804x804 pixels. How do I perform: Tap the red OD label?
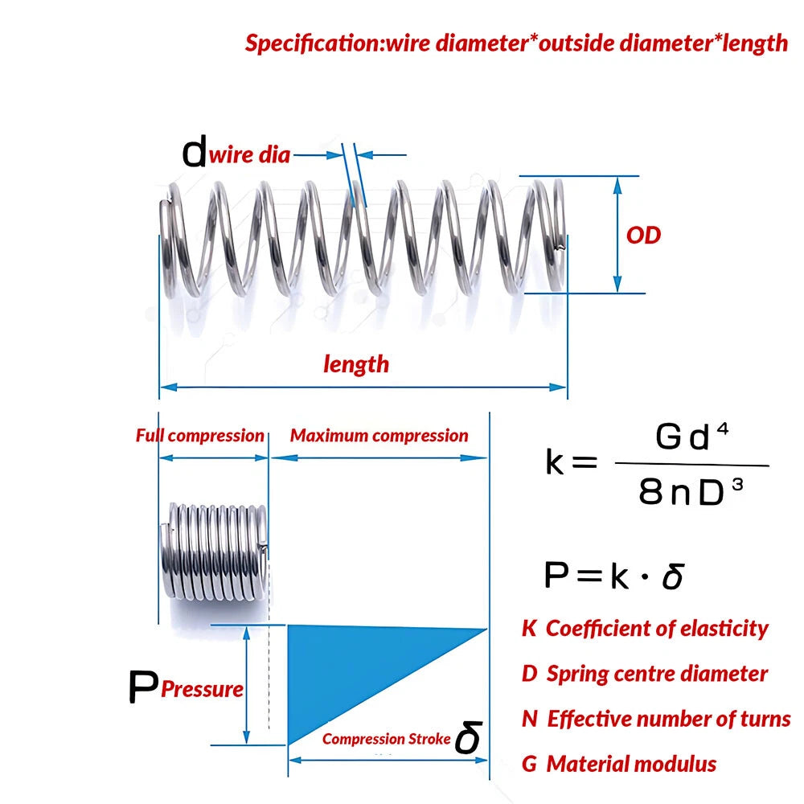coord(643,236)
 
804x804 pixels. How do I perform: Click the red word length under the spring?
coord(356,364)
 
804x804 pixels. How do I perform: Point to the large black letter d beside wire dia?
coord(195,151)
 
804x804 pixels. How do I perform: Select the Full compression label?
coord(200,435)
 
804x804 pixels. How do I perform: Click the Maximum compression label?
coord(379,435)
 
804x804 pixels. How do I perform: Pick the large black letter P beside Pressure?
coord(143,687)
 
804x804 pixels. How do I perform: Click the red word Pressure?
coord(202,689)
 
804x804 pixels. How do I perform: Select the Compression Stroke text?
coord(386,739)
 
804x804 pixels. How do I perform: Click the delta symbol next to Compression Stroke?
coord(468,736)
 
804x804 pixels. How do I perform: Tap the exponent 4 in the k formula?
coord(723,429)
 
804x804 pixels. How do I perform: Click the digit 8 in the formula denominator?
coord(650,490)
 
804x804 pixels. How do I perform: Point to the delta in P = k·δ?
coord(673,576)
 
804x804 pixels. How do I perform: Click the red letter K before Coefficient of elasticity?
coord(529,628)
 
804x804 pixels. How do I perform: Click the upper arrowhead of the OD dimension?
coord(617,185)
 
